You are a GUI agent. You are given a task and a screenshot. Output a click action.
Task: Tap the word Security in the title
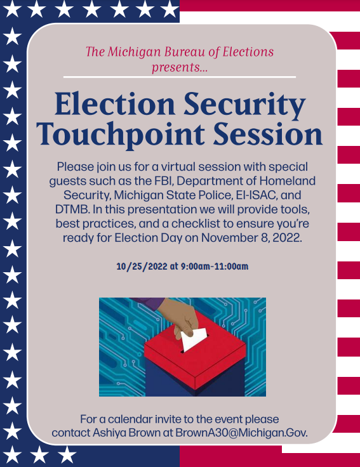click(248, 105)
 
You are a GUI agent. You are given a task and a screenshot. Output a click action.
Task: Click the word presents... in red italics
click(180, 67)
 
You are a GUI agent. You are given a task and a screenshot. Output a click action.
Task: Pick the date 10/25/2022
click(142, 266)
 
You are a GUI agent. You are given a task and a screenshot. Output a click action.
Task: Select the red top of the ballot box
click(190, 355)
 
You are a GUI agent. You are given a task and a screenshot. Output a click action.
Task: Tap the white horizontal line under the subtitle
click(180, 77)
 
